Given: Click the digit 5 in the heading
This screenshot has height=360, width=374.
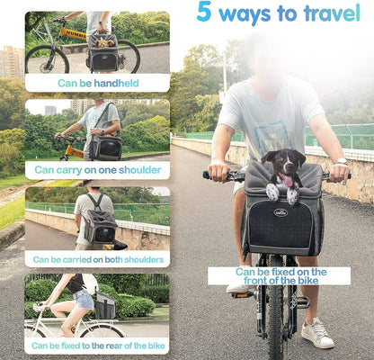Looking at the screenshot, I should pyautogui.click(x=205, y=13).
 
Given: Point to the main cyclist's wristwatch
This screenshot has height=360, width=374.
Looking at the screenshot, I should pyautogui.click(x=341, y=162).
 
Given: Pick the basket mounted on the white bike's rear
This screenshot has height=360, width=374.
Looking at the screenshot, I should pyautogui.click(x=105, y=307).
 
